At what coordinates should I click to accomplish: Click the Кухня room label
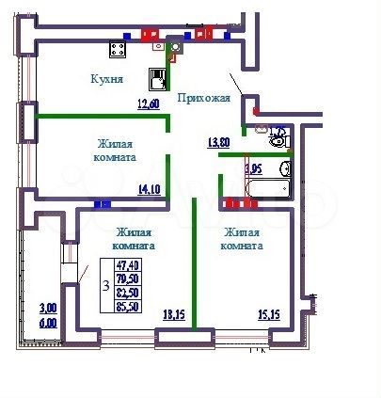[x=108, y=80]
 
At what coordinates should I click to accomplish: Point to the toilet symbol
[x=277, y=141]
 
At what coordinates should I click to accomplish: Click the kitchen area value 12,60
[x=148, y=104]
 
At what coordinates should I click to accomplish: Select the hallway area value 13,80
[x=217, y=142]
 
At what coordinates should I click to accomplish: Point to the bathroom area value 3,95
[x=252, y=168]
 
